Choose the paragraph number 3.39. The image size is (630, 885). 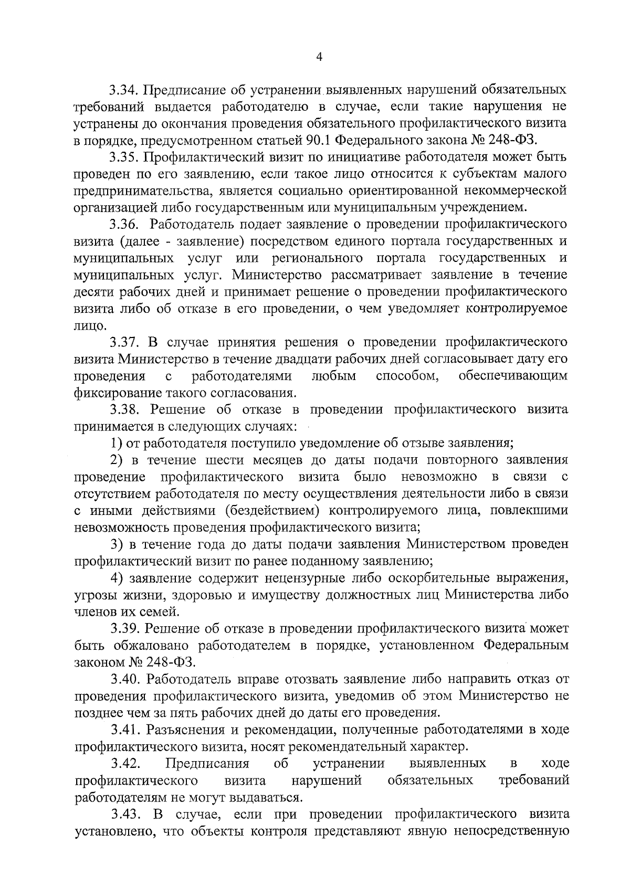124,628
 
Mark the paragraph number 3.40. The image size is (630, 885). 124,679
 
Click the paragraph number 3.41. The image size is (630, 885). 124,730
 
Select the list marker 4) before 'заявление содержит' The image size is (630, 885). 117,578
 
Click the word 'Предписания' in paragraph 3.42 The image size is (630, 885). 207,763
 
